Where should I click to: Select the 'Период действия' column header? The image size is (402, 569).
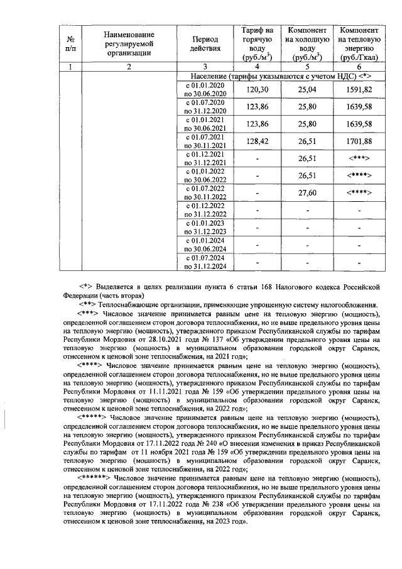click(x=205, y=43)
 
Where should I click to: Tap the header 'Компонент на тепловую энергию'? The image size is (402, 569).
click(x=357, y=43)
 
